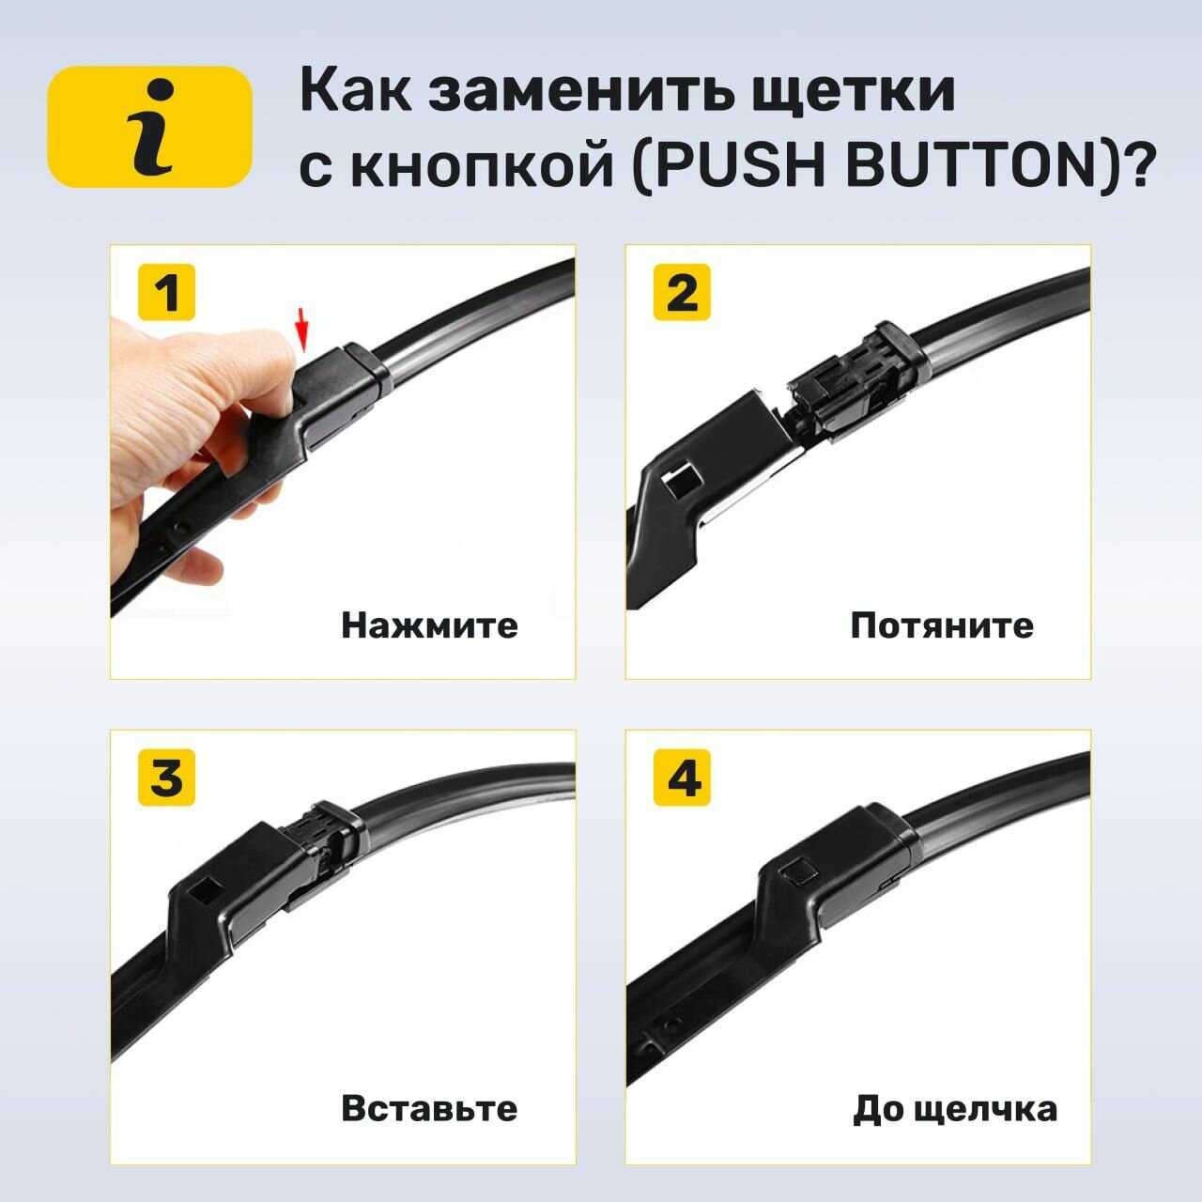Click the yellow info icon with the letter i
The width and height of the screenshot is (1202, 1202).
click(149, 127)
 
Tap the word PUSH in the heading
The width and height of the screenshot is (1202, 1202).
click(740, 166)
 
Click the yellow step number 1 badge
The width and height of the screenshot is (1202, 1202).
click(166, 292)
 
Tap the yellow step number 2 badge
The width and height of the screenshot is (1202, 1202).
click(682, 292)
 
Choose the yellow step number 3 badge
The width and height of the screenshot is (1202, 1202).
click(166, 778)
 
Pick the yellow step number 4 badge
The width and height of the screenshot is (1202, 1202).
click(682, 778)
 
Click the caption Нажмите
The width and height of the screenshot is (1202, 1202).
click(429, 625)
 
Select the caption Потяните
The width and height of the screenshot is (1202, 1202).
click(942, 625)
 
